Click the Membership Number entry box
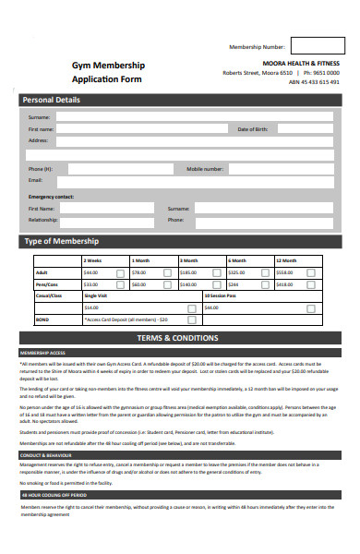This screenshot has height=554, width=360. click(317, 45)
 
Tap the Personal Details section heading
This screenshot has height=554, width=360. click(51, 100)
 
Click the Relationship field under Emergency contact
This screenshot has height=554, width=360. click(111, 221)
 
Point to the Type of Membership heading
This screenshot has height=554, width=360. click(62, 242)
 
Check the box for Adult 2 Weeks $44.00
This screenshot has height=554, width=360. click(120, 273)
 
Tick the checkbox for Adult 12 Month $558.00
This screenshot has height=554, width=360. click(310, 273)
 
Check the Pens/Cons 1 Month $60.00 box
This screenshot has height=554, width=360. click(167, 285)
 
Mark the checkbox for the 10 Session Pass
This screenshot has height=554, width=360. click(310, 307)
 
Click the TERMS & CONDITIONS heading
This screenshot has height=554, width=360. click(177, 339)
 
